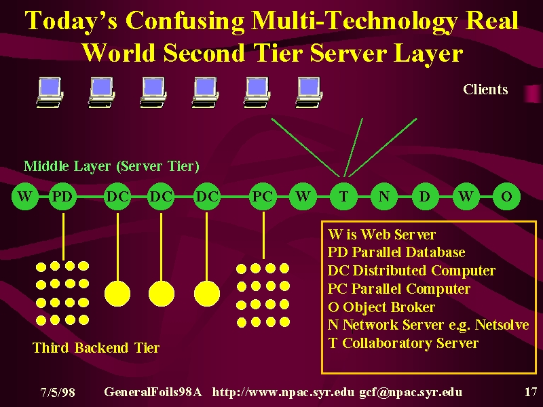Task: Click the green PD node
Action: click(62, 197)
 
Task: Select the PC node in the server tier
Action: click(263, 197)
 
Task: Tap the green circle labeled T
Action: click(343, 197)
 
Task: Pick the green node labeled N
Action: click(384, 197)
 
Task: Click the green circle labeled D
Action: click(425, 197)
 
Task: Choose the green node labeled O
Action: click(506, 197)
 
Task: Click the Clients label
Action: click(485, 90)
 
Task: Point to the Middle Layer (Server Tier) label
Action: click(111, 166)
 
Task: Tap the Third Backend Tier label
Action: click(96, 347)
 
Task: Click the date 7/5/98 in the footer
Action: click(58, 392)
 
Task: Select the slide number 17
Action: click(531, 392)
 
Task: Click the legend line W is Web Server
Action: click(381, 235)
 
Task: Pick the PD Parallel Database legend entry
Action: click(396, 252)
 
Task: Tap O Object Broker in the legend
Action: click(381, 307)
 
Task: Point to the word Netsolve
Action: click(502, 325)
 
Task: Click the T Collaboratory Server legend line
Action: click(403, 343)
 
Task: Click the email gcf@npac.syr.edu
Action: click(411, 393)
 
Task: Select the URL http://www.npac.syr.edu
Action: click(283, 393)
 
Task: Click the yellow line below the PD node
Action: click(63, 236)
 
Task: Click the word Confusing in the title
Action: click(185, 21)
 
